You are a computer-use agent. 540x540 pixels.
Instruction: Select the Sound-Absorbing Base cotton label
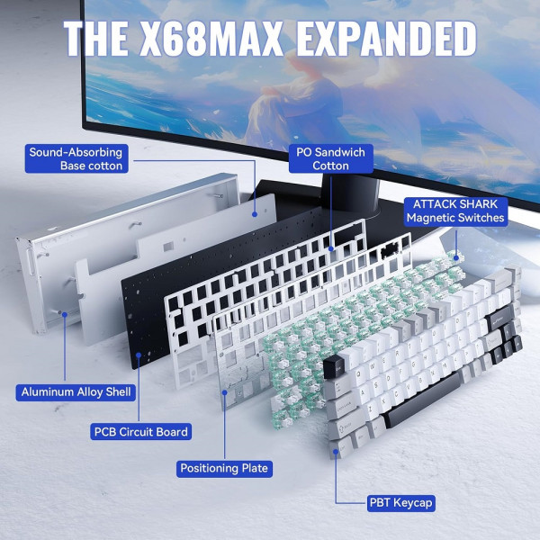(76, 158)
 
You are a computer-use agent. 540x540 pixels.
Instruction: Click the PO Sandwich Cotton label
(330, 158)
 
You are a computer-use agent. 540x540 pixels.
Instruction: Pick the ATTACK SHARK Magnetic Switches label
(455, 211)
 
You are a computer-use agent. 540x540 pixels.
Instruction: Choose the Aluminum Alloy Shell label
(76, 391)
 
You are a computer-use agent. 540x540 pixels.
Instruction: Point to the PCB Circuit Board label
(141, 432)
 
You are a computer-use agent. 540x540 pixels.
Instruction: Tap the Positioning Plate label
(224, 468)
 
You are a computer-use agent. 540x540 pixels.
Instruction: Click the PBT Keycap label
(400, 503)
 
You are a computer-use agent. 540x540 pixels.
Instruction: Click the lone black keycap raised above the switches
(335, 366)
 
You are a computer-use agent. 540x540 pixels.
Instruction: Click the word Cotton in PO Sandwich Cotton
(330, 166)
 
